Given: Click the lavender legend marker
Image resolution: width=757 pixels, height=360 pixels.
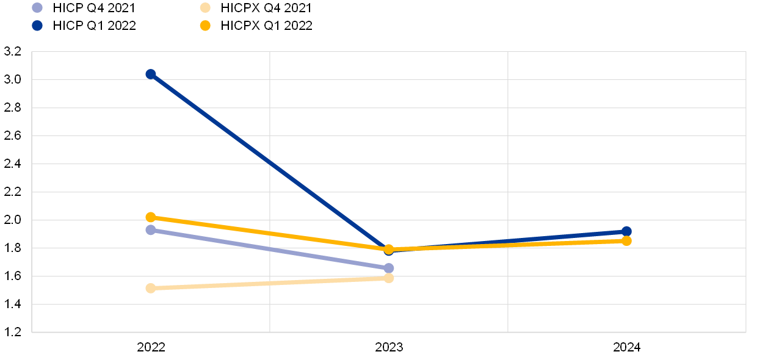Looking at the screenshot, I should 37,8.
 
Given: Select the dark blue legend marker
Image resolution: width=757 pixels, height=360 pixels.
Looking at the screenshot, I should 37,26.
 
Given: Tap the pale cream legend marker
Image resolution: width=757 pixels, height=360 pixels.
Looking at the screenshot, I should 205,8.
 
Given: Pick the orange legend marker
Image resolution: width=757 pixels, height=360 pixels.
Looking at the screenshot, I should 205,26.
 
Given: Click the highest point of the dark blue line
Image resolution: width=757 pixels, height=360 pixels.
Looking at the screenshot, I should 151,74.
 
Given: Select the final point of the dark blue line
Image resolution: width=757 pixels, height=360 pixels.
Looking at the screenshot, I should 626,232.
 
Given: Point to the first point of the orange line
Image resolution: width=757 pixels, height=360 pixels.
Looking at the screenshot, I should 151,217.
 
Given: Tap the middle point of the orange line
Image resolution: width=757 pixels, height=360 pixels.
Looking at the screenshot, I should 389,249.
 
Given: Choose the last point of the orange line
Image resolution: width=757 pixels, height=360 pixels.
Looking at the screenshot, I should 626,241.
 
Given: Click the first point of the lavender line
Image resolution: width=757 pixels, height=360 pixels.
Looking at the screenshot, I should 151,230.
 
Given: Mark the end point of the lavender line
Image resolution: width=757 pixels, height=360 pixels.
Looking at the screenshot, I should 389,268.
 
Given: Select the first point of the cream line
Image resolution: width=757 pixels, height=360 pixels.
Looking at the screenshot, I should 151,288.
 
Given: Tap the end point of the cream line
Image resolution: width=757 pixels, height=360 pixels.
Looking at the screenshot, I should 389,278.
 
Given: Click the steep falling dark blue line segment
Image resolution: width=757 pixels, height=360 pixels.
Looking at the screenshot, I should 270,162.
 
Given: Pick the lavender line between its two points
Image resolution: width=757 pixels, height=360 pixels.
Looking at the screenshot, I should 270,249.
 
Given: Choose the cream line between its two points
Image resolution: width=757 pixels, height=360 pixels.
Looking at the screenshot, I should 270,283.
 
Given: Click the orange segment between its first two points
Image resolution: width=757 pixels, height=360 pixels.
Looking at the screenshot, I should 270,233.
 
